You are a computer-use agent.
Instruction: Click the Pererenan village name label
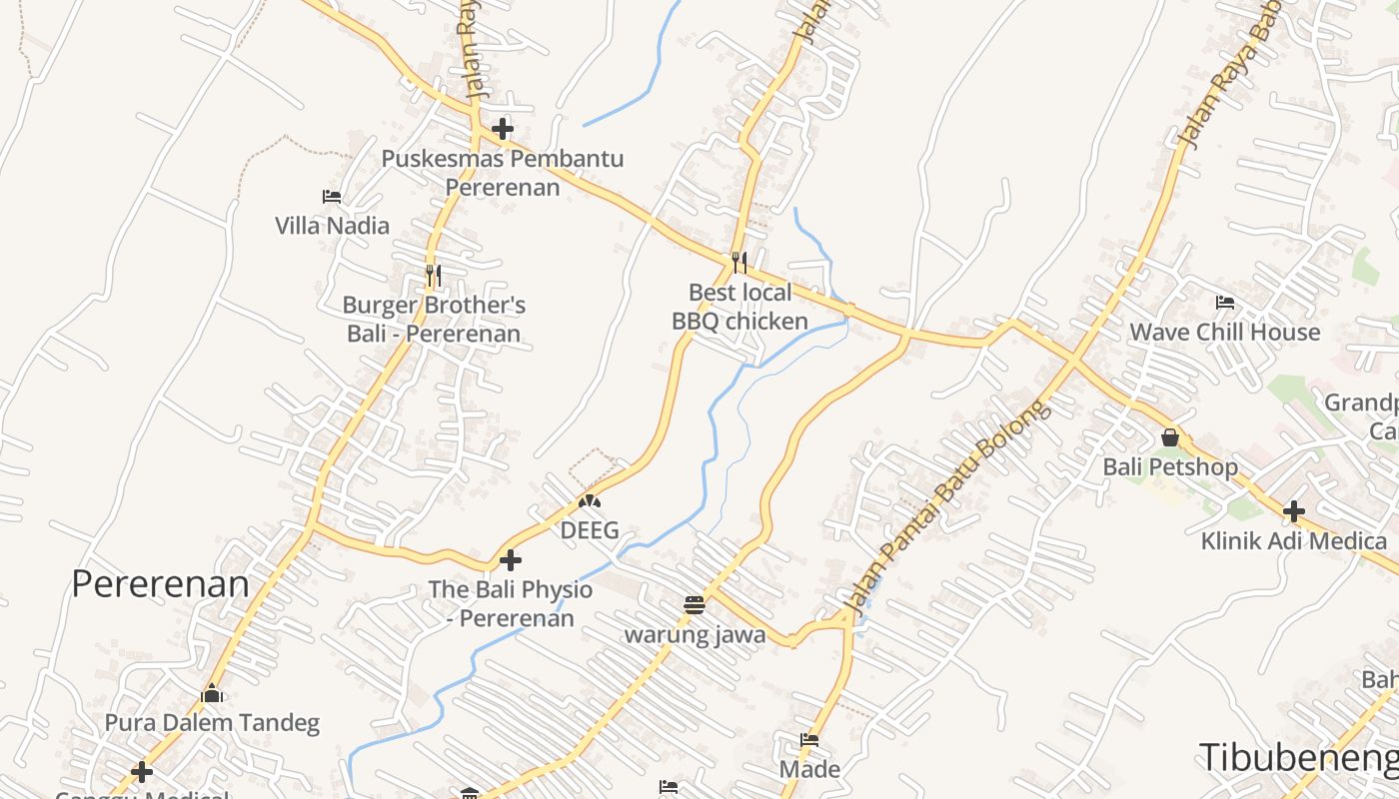(x=160, y=584)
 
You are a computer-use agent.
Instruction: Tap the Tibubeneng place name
(x=1297, y=757)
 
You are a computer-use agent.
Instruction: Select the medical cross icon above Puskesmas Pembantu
(x=503, y=129)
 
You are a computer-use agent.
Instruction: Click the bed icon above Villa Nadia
(x=332, y=197)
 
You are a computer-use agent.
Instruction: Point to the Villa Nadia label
(x=332, y=226)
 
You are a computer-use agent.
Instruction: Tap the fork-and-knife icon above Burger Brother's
(x=433, y=275)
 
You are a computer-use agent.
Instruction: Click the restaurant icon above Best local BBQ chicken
(x=738, y=263)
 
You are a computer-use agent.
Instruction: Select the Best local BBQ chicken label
(x=739, y=307)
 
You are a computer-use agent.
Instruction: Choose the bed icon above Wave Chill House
(x=1224, y=303)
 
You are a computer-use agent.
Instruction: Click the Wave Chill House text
(x=1224, y=333)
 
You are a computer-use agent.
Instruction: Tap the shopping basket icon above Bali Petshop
(x=1169, y=437)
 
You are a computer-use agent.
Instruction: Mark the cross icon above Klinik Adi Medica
(x=1293, y=511)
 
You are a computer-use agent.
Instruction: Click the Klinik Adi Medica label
(x=1293, y=541)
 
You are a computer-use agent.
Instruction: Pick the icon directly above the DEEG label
(x=590, y=502)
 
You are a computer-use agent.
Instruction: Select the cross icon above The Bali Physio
(x=511, y=560)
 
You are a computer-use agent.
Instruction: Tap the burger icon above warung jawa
(x=695, y=604)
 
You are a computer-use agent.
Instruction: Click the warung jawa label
(x=695, y=634)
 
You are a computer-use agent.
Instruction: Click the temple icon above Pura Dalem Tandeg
(x=212, y=693)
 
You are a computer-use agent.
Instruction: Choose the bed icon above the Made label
(x=809, y=740)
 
